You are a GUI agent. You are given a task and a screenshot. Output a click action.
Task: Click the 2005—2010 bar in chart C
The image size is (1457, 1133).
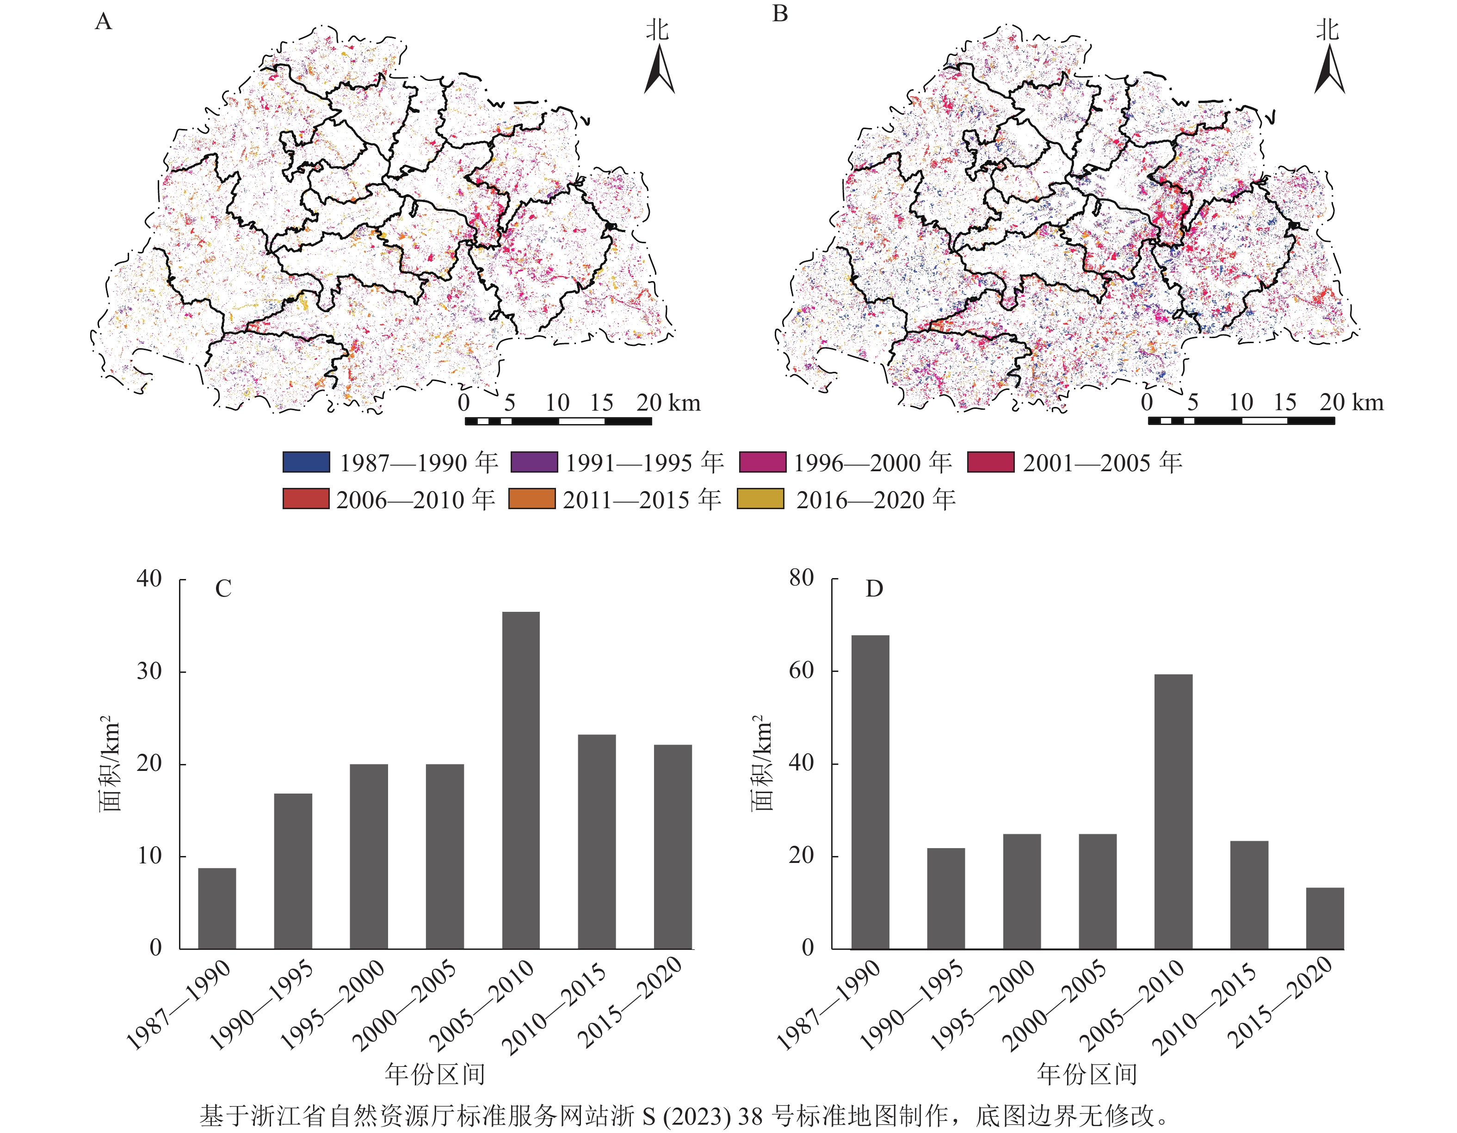click(520, 780)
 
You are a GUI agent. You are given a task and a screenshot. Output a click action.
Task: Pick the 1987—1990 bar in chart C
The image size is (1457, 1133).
click(217, 908)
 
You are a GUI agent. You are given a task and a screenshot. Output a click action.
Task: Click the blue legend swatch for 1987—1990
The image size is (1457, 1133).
click(306, 462)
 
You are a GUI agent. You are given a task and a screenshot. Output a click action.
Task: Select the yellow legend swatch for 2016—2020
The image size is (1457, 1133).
click(760, 499)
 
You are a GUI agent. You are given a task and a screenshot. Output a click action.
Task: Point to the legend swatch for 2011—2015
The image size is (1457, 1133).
click(532, 499)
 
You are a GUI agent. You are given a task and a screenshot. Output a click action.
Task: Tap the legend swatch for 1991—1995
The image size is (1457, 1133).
click(534, 462)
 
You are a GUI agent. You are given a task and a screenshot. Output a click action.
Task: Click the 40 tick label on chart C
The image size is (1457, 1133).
click(149, 579)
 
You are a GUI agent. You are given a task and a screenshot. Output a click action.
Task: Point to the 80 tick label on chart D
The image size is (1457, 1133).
click(801, 578)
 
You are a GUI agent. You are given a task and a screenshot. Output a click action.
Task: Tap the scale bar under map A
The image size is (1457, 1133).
click(558, 421)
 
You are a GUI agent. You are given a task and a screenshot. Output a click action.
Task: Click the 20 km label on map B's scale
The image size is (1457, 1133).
click(1352, 402)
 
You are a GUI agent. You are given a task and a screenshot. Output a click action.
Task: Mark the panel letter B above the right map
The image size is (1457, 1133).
click(780, 13)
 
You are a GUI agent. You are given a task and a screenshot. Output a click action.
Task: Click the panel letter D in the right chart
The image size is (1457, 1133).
click(874, 589)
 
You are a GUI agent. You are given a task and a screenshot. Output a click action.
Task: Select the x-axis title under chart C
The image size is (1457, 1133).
click(435, 1074)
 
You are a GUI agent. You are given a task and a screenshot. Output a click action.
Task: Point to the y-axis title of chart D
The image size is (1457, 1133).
click(762, 763)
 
